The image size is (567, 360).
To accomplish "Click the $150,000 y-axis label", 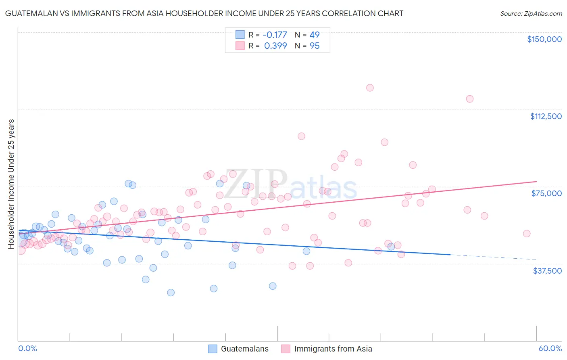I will tap(544, 39).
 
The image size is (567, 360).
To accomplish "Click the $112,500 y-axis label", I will tap(546, 116).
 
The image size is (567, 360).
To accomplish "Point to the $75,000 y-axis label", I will tap(546, 193).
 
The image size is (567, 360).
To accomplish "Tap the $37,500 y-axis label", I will tap(547, 271).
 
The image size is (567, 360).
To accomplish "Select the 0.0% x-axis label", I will tap(27, 348).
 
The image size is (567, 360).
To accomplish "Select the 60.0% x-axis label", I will tap(550, 348).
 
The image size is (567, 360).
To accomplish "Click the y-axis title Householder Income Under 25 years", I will tap(11, 184).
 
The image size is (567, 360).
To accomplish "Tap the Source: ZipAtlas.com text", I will tap(531, 13).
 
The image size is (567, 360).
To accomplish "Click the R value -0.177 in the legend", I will tap(275, 35).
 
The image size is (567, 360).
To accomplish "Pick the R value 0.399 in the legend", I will tap(275, 46).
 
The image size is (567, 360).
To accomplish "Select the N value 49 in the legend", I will tap(315, 35).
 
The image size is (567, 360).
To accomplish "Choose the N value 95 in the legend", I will tap(315, 46).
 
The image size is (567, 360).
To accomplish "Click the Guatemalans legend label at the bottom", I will tap(244, 349).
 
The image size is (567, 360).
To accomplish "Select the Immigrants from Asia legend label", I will tap(333, 349).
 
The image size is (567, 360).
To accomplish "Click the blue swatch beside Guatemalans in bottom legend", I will tap(213, 349).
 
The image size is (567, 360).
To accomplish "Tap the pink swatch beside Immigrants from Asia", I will tap(286, 349).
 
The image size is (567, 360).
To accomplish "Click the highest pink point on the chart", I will tap(370, 88).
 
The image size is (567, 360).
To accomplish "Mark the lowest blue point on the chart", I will tap(171, 293).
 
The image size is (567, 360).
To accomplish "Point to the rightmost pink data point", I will tap(526, 234).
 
